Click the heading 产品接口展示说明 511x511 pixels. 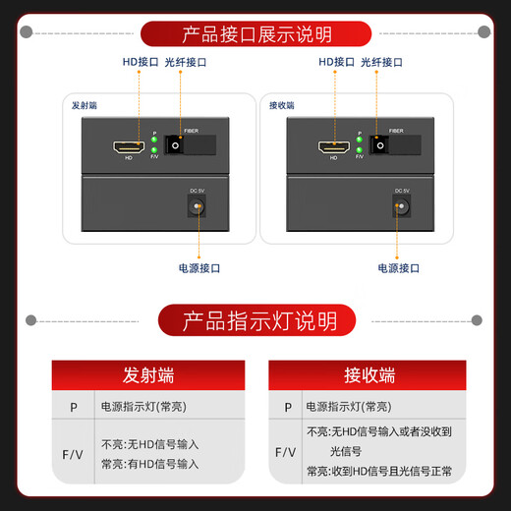coord(256,34)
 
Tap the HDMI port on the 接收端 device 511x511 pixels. coord(332,149)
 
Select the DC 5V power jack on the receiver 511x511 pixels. coord(400,206)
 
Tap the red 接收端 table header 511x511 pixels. coord(369,375)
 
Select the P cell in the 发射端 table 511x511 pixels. coord(74,406)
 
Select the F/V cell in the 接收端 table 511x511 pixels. coord(286,452)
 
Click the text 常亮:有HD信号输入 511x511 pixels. coord(149,464)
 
